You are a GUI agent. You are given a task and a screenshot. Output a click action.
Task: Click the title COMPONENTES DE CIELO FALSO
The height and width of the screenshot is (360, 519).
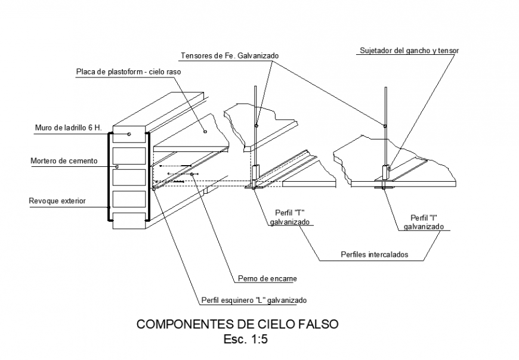(x=237, y=325)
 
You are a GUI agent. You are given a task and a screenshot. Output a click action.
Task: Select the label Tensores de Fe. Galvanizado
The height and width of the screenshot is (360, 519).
(x=230, y=55)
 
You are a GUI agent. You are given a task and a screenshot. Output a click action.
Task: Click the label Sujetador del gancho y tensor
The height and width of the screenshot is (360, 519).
(x=409, y=51)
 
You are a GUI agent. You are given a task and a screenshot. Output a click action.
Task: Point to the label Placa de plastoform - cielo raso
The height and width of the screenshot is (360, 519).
(x=128, y=72)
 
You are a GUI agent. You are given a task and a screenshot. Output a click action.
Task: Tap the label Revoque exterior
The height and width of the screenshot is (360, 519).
(x=57, y=201)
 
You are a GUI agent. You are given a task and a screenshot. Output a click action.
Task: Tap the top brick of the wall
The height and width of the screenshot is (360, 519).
(x=129, y=135)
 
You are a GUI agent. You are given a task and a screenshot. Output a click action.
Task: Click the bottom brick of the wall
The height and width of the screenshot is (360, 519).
(x=129, y=219)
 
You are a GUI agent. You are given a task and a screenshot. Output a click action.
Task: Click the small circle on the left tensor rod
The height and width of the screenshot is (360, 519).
(x=257, y=125)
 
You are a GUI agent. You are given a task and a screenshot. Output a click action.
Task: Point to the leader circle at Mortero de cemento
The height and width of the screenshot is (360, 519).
(x=117, y=166)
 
